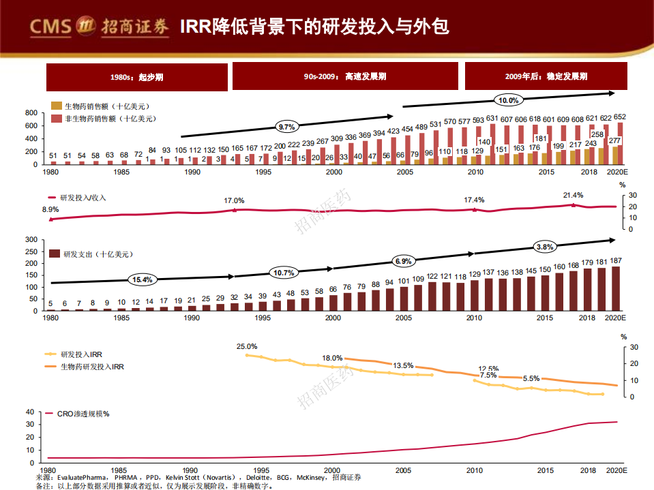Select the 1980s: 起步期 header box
136,76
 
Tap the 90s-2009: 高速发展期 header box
345,76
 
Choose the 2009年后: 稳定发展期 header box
546,76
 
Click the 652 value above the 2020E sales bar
620,117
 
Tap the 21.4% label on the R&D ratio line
573,195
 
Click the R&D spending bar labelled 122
432,296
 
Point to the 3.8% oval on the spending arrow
545,247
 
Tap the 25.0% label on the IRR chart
247,346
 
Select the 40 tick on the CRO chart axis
29,412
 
